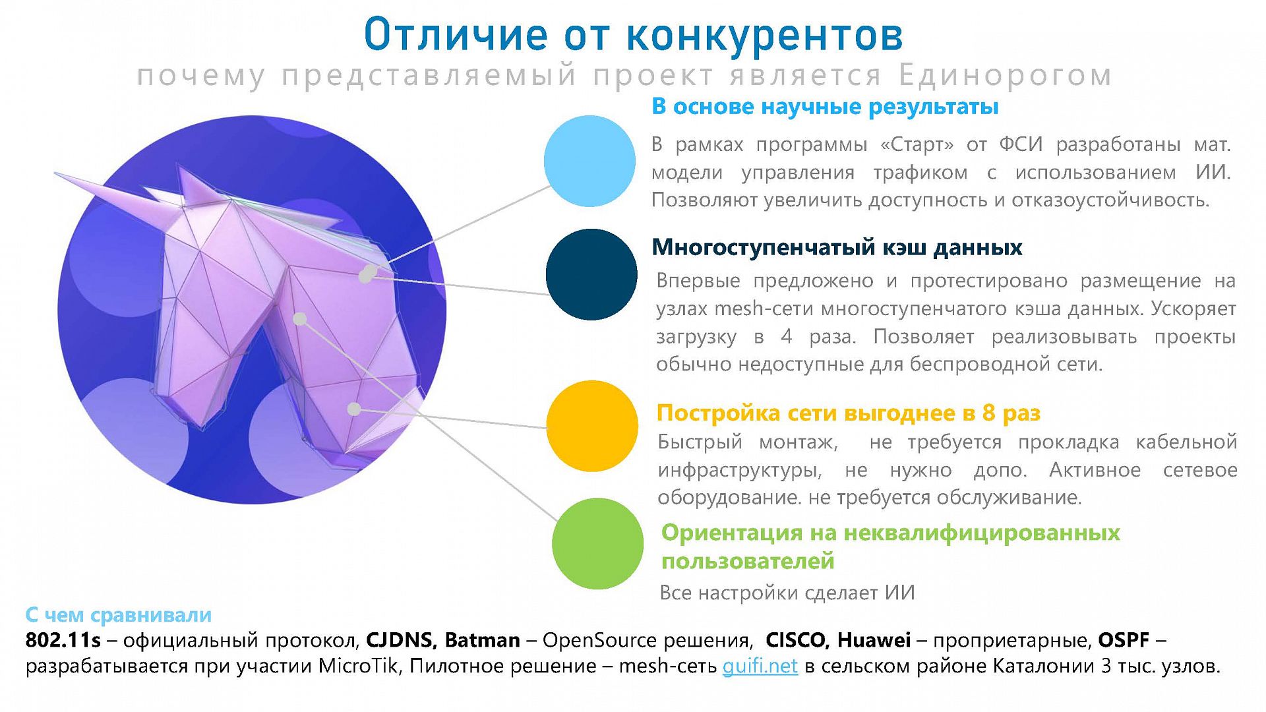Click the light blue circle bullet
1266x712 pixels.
[x=589, y=161]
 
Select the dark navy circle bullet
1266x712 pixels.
[x=591, y=275]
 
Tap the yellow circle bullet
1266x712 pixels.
[x=592, y=426]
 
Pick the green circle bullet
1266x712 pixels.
[x=597, y=543]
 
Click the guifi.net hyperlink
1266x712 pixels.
[x=760, y=666]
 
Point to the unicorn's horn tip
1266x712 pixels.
[x=55, y=173]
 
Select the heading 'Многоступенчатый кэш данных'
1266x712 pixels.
[x=837, y=247]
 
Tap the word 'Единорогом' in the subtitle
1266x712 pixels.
[x=1005, y=76]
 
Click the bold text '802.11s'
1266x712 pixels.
[x=63, y=639]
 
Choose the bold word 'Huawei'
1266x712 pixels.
[x=874, y=639]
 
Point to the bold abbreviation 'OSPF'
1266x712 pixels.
[x=1124, y=639]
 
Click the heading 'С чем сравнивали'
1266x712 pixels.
[x=119, y=614]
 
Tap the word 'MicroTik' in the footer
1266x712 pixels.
[x=359, y=666]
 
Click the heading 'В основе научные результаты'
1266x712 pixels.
[x=825, y=106]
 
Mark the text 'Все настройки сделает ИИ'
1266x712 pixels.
[x=787, y=593]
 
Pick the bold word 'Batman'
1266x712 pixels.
[x=483, y=639]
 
